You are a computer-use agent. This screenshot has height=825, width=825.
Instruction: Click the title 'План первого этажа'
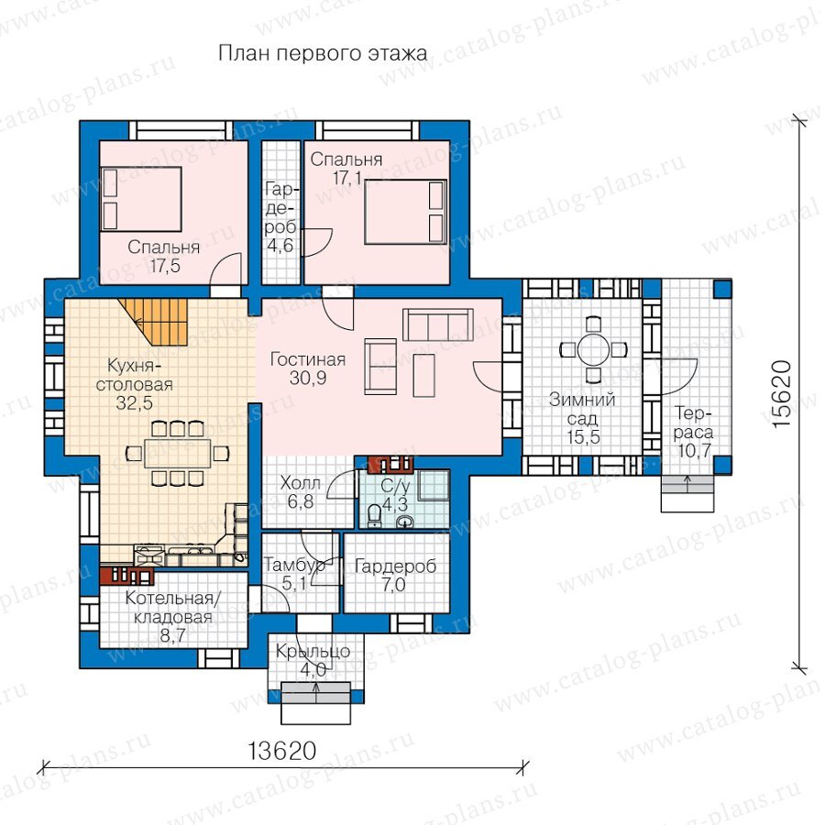click(x=323, y=54)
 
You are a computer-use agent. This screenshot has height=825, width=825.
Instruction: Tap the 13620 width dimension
click(x=281, y=751)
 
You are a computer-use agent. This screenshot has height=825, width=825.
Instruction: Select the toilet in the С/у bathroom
click(x=375, y=515)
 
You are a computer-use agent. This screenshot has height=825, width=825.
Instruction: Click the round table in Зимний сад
click(x=593, y=349)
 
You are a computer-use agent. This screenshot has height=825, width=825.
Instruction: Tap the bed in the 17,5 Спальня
click(x=141, y=199)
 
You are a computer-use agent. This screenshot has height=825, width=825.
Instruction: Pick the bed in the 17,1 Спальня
click(x=406, y=212)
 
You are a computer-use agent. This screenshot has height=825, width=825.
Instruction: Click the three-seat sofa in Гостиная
click(x=438, y=324)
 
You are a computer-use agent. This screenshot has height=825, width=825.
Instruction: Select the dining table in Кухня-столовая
click(x=177, y=453)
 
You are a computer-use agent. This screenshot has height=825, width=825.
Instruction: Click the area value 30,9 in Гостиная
click(x=308, y=378)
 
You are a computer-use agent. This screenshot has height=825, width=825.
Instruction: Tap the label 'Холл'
click(x=300, y=482)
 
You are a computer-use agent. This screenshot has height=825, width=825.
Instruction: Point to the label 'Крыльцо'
click(x=313, y=652)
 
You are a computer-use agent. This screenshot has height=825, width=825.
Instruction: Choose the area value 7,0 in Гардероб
click(x=393, y=585)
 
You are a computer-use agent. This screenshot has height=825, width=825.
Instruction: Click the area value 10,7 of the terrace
click(x=694, y=450)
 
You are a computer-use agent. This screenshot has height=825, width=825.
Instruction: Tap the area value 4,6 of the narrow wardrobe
click(x=280, y=246)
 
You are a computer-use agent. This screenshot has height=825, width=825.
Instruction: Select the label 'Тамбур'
click(x=294, y=565)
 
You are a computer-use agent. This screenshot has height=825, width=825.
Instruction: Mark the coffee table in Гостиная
click(x=424, y=375)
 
